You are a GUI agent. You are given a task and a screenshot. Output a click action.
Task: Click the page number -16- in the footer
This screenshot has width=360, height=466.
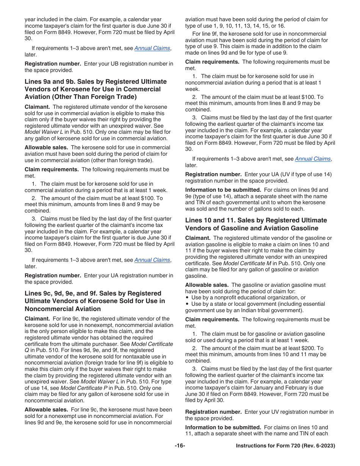tap(180, 446)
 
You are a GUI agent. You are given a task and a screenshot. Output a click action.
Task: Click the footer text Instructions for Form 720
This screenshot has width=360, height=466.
tap(285, 446)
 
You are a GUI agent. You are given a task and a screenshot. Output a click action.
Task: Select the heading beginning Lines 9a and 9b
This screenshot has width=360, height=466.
tap(95, 89)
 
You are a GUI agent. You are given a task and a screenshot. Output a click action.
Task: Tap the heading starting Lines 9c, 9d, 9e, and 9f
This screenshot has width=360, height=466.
tap(95, 301)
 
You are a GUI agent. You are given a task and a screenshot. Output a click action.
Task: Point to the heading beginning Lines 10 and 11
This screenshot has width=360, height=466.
tap(256, 224)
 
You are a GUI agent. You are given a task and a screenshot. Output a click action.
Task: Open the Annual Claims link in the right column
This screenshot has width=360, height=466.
tap(313, 159)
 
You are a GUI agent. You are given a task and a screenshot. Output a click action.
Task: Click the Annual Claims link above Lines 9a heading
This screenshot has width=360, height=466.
tap(152, 48)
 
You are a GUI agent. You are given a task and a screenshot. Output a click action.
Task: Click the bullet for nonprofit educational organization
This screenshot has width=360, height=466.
tap(187, 298)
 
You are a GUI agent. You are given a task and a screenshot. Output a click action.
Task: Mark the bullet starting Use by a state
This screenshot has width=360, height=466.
tap(187, 304)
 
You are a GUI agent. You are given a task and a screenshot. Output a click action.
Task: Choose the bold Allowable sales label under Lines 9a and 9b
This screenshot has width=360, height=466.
tap(46, 147)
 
